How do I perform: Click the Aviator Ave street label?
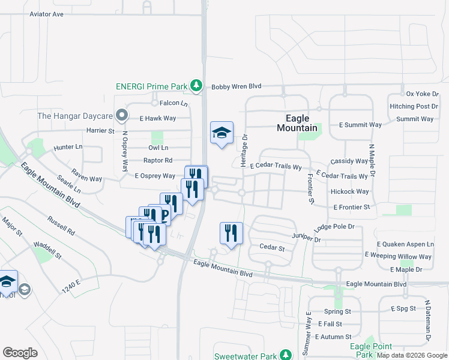(46, 14)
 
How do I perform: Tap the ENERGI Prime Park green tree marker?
(196, 86)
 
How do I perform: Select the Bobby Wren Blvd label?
(237, 86)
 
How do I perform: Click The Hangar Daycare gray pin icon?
(122, 114)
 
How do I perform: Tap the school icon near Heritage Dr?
(221, 133)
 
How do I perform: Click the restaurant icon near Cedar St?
(232, 233)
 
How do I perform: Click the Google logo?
(20, 353)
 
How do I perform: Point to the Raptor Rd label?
(158, 160)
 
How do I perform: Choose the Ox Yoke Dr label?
(423, 94)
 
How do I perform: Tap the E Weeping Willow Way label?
(398, 257)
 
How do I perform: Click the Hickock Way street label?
(349, 191)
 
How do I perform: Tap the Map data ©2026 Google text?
(412, 355)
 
